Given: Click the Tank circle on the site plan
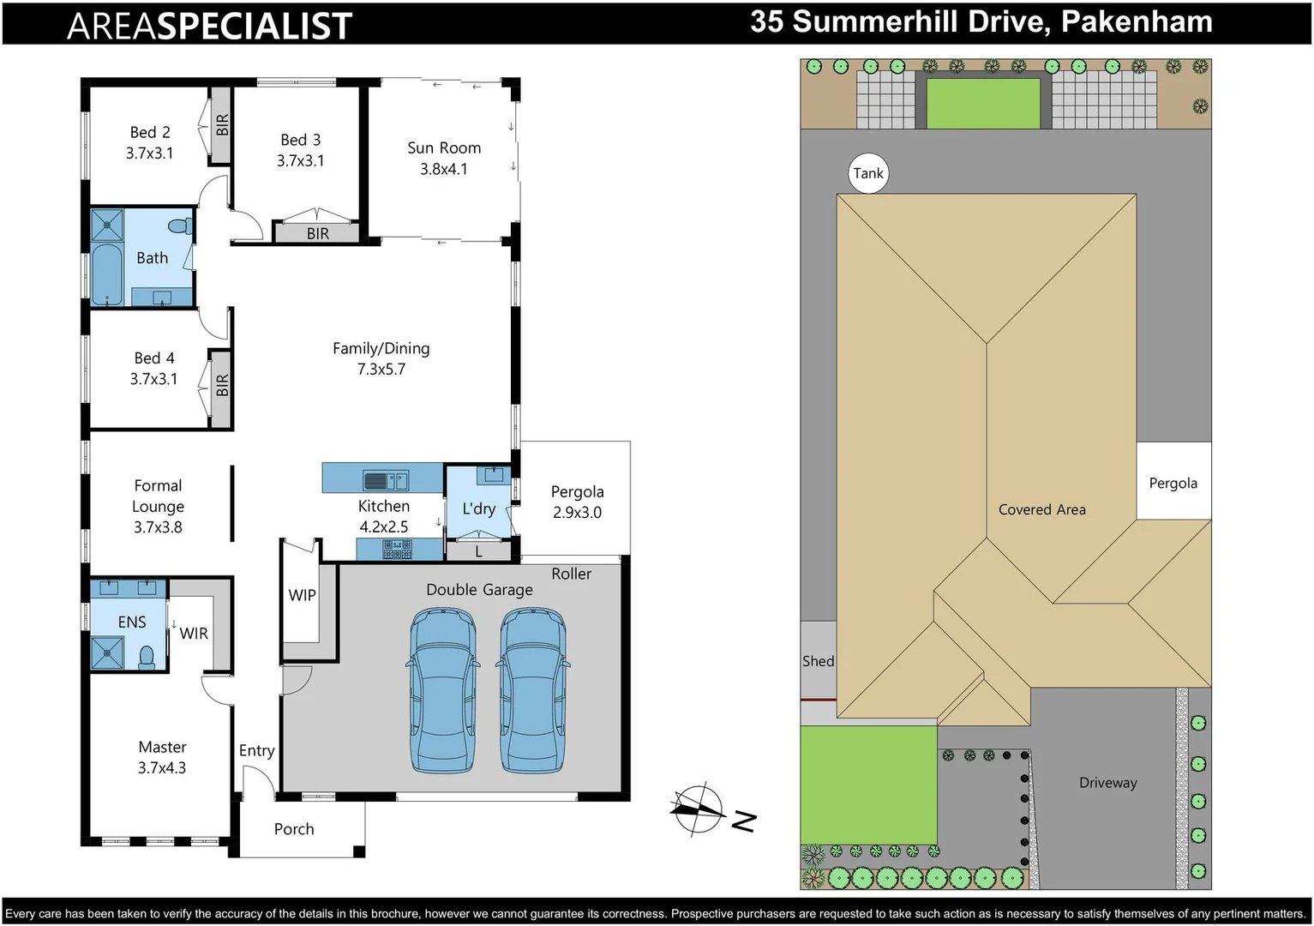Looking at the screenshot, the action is click(x=867, y=173).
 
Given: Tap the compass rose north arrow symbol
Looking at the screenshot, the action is click(x=699, y=809).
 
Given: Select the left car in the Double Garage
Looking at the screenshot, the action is click(x=443, y=690).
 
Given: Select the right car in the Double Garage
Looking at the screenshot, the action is click(x=533, y=690).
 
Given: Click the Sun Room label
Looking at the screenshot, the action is click(x=444, y=148).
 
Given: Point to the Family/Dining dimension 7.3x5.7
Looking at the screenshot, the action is click(x=381, y=370).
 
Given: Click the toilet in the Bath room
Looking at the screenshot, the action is click(x=180, y=226).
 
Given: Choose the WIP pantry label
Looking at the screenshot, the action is click(x=302, y=595).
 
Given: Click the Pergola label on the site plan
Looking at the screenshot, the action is click(x=1173, y=484).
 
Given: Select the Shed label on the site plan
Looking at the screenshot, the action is click(x=818, y=661).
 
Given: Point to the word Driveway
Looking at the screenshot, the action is click(x=1107, y=783).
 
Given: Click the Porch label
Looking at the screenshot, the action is click(x=294, y=829).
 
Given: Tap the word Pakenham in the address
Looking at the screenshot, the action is click(x=1137, y=21).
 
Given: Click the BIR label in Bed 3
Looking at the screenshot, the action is click(x=318, y=233).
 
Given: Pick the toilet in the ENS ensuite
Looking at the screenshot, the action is click(x=147, y=658).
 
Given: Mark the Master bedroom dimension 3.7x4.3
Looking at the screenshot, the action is click(x=162, y=768).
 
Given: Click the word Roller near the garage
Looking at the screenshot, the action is click(x=571, y=574).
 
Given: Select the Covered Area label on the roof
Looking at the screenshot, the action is click(x=1041, y=510).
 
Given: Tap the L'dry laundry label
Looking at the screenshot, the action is click(x=478, y=509).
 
